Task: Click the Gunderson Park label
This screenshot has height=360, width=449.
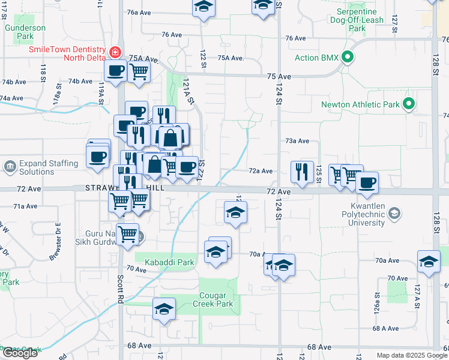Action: tap(25, 32)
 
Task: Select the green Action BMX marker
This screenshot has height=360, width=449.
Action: tap(347, 58)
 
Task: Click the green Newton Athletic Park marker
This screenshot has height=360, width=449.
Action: tap(408, 104)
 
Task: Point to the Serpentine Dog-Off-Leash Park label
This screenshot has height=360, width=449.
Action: tap(357, 20)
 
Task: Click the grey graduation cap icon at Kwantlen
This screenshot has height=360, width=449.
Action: tap(394, 213)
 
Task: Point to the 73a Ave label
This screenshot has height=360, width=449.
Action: tap(297, 140)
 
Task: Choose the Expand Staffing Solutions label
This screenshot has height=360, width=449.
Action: tap(49, 167)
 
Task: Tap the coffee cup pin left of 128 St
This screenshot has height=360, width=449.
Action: tap(367, 182)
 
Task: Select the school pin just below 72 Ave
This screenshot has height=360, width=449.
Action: tap(236, 212)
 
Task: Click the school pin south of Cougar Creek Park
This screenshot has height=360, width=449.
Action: tap(164, 309)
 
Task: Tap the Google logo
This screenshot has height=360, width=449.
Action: tap(20, 353)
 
